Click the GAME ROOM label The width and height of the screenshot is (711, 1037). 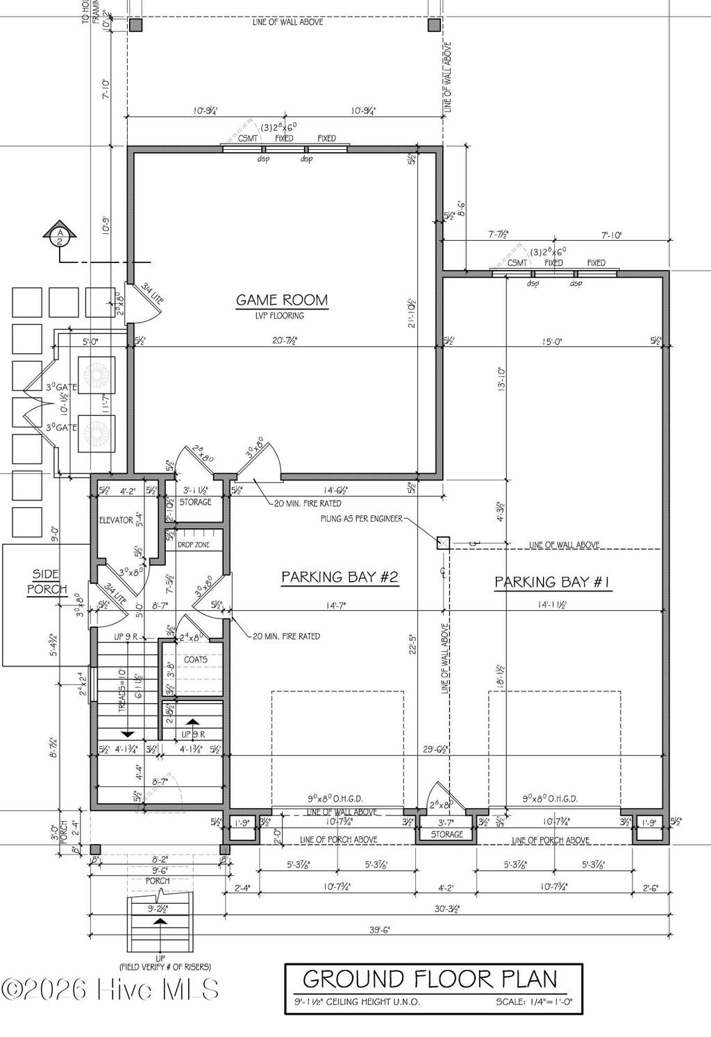pos(282,300)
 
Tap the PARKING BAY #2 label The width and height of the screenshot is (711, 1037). pos(340,577)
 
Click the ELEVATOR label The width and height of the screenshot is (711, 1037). pos(115,520)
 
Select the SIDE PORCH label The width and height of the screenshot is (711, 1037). pos(47,582)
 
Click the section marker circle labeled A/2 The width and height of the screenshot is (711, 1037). pos(60,236)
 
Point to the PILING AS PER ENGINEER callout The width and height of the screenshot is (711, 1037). pos(361,518)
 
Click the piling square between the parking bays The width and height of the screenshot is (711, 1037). pos(442,543)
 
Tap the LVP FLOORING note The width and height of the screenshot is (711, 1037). pos(282,316)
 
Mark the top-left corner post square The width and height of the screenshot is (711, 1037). pos(135,26)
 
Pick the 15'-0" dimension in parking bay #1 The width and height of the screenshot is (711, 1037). pos(552,341)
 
